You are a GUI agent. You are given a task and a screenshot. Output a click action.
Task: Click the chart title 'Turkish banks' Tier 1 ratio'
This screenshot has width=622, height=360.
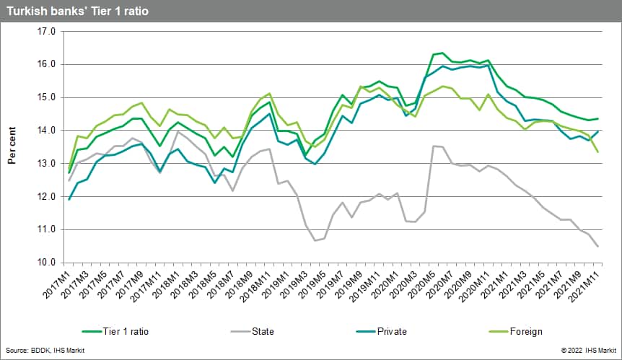[x=78, y=11]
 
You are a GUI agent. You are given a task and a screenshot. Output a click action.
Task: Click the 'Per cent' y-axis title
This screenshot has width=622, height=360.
[x=12, y=147]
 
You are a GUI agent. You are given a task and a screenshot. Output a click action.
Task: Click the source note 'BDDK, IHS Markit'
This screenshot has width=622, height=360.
[x=45, y=351]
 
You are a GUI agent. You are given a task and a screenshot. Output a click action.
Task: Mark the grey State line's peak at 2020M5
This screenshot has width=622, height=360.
[x=433, y=146]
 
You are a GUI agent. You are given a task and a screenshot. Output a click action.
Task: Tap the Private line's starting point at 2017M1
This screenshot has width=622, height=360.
[x=69, y=199]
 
